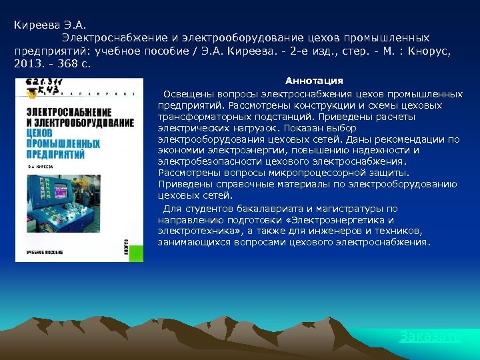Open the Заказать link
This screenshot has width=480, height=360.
coord(430,336)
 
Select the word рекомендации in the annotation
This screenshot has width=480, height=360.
coord(411,139)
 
